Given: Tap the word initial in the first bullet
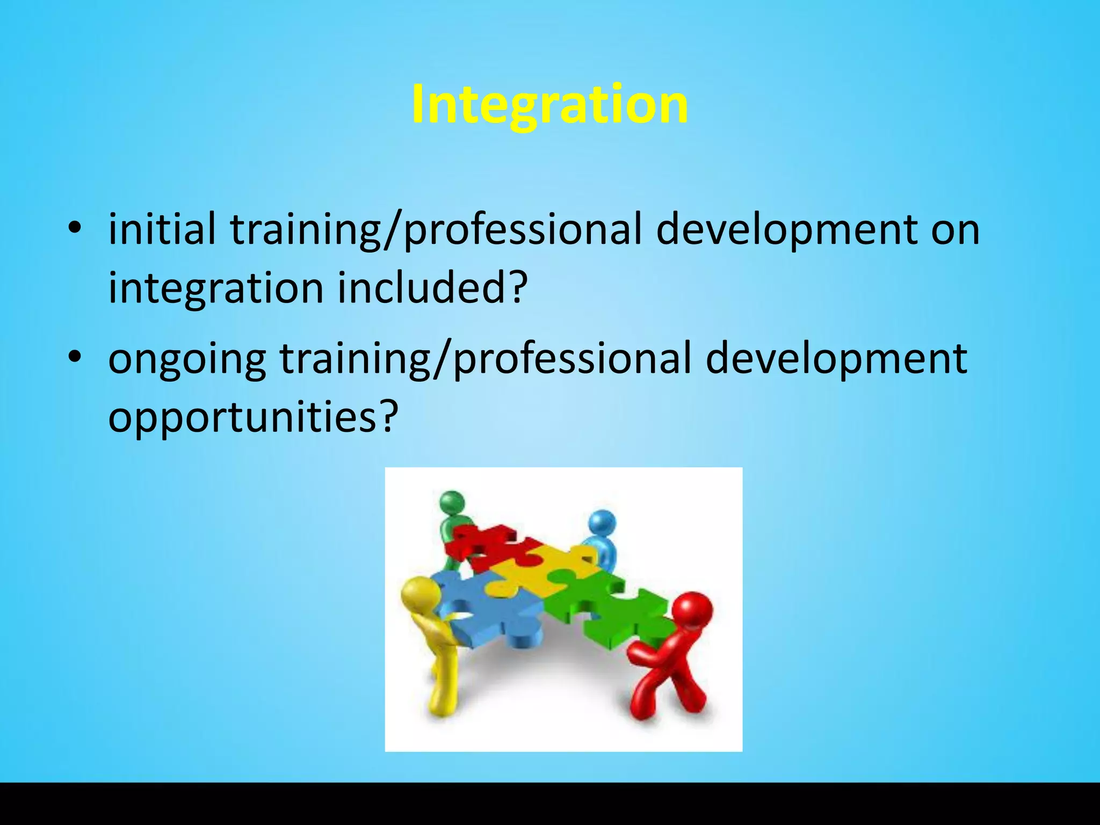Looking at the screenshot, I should click(x=162, y=228).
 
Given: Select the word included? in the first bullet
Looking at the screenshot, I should click(x=430, y=287).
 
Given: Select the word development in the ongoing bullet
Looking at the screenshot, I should click(x=836, y=359).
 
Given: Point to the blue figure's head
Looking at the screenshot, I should click(x=602, y=524).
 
